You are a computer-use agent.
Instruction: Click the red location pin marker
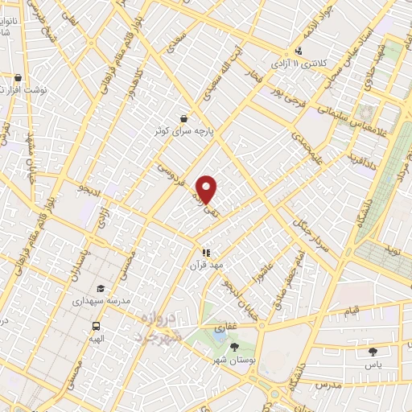point(207,190)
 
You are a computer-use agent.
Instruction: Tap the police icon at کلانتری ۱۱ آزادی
point(299,51)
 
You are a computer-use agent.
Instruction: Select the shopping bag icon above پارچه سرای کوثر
point(184,117)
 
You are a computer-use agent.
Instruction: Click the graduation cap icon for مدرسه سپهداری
point(101,288)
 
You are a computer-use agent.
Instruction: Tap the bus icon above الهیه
point(97,326)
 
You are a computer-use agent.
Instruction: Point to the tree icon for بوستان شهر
point(234,347)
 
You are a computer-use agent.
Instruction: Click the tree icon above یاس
point(372,351)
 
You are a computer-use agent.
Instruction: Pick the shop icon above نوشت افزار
point(18,78)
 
